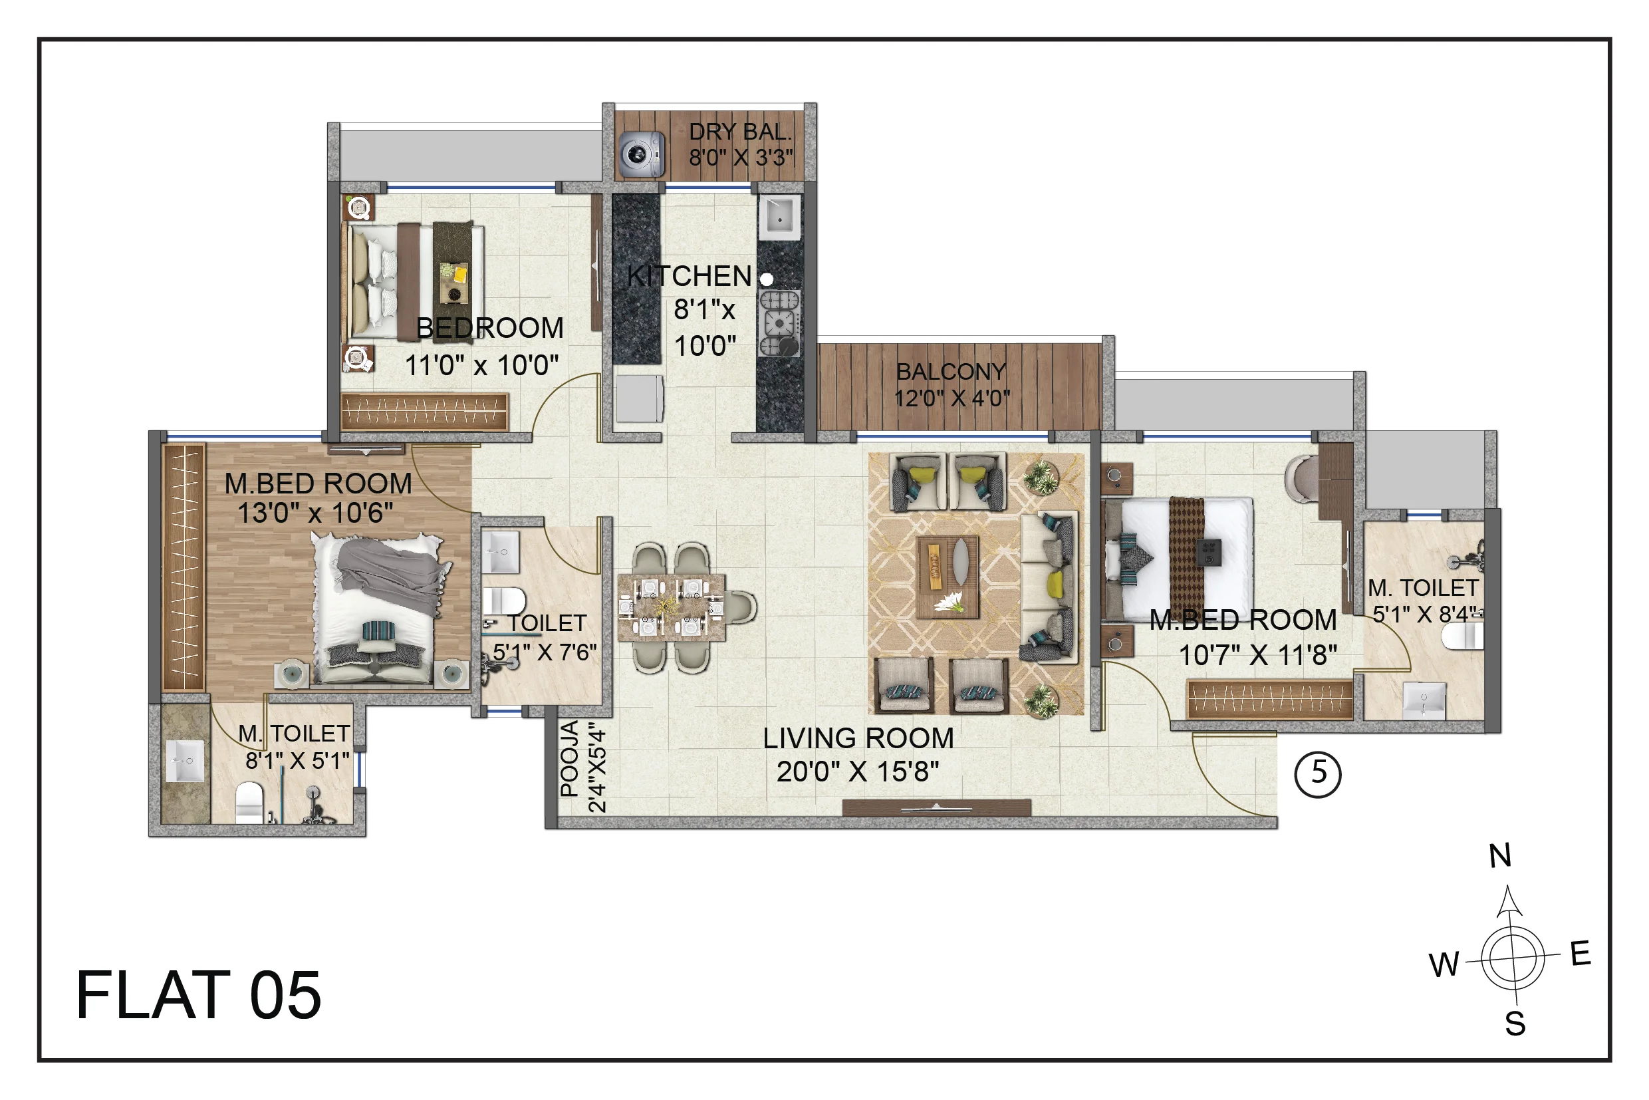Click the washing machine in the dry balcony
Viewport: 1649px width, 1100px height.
pos(640,154)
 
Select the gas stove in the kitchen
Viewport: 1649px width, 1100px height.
pos(779,323)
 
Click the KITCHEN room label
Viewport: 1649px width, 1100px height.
pos(690,277)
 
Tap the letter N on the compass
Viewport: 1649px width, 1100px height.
pos(1499,856)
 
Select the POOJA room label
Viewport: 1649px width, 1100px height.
pos(570,758)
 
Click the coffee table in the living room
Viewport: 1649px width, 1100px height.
pos(947,577)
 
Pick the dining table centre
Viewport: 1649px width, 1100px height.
pos(672,607)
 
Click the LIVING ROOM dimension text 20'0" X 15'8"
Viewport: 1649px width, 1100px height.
pos(858,771)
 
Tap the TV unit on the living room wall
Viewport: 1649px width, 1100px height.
pos(936,807)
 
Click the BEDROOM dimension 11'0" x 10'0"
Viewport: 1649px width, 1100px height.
pos(482,366)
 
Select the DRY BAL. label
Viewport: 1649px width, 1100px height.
pos(740,132)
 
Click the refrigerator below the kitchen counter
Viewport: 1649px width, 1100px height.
pos(639,398)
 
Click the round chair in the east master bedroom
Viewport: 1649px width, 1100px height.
pos(1302,479)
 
